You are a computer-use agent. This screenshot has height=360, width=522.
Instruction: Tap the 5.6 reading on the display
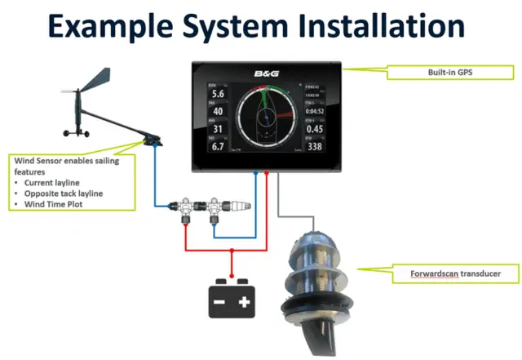pos(218,94)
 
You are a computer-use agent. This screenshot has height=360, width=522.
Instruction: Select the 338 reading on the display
pos(314,147)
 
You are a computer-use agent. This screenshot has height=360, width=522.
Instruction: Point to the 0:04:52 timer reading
pos(315,111)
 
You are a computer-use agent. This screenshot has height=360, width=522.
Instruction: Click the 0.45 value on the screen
pos(314,129)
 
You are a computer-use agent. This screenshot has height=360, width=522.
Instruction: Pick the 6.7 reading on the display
pos(218,147)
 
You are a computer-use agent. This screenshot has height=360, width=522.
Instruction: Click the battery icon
pos(232,298)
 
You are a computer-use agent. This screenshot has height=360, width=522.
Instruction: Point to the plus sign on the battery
pos(244,303)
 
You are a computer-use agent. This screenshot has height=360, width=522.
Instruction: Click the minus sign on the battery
pos(219,303)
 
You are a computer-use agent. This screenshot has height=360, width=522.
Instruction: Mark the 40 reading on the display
pos(218,112)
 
